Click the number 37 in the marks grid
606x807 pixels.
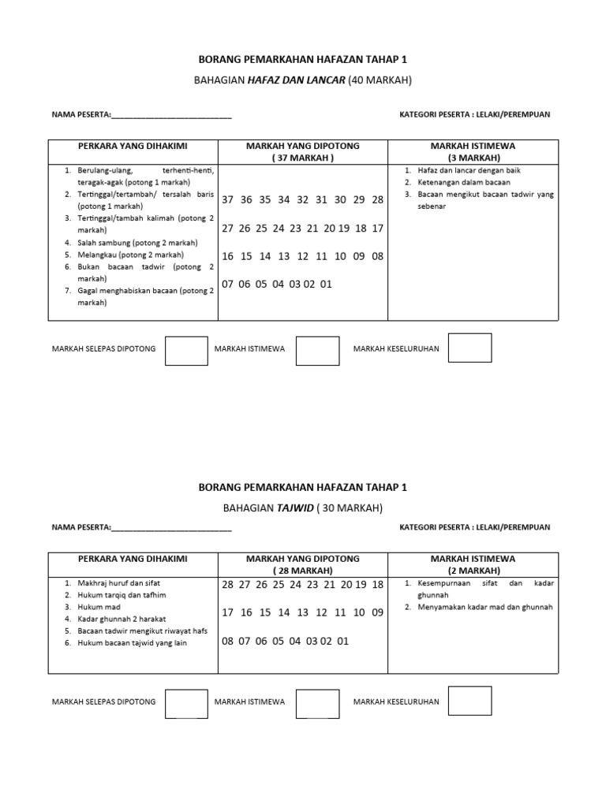228,200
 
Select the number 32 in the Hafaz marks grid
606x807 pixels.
302,200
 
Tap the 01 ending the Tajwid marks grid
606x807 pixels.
342,642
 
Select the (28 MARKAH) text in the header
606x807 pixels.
303,571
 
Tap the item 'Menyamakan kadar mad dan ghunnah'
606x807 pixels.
485,608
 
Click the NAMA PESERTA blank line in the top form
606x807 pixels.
171,115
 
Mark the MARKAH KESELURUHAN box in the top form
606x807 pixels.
469,348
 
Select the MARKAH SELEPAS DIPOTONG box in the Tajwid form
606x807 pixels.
186,701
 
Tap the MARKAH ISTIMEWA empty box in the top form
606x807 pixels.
317,351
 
